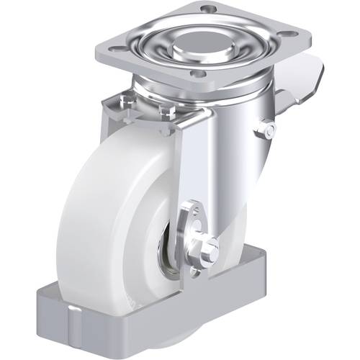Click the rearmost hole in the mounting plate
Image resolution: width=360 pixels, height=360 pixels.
tap(208, 8)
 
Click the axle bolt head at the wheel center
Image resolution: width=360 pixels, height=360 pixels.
tap(210, 248)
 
